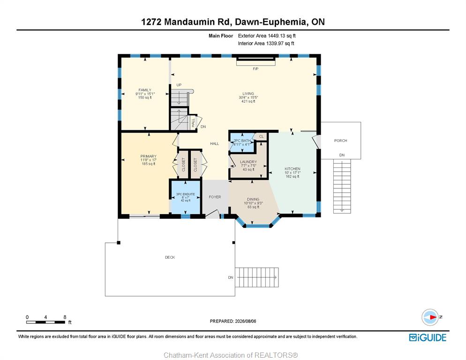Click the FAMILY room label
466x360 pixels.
tap(145, 90)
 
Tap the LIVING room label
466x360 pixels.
tap(248, 94)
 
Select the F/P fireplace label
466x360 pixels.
tap(256, 69)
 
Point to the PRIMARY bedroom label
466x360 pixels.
tap(148, 157)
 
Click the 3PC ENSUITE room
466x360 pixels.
tap(186, 197)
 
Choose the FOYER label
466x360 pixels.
tap(215, 197)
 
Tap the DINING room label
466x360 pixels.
tap(253, 199)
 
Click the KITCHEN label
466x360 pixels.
tap(293, 169)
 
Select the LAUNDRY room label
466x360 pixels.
tap(248, 162)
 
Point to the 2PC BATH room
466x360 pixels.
tap(242, 142)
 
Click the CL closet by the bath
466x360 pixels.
tap(262, 137)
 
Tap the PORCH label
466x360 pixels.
tap(340, 141)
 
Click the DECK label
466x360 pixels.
tap(170, 257)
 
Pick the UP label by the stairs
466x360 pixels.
tap(179, 85)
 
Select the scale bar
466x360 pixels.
tap(45, 322)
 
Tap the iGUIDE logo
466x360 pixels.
tap(428, 337)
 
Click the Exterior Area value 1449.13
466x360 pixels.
tap(277, 36)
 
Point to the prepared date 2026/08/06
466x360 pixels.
tap(246, 321)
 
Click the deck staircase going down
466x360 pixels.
tap(257, 277)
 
